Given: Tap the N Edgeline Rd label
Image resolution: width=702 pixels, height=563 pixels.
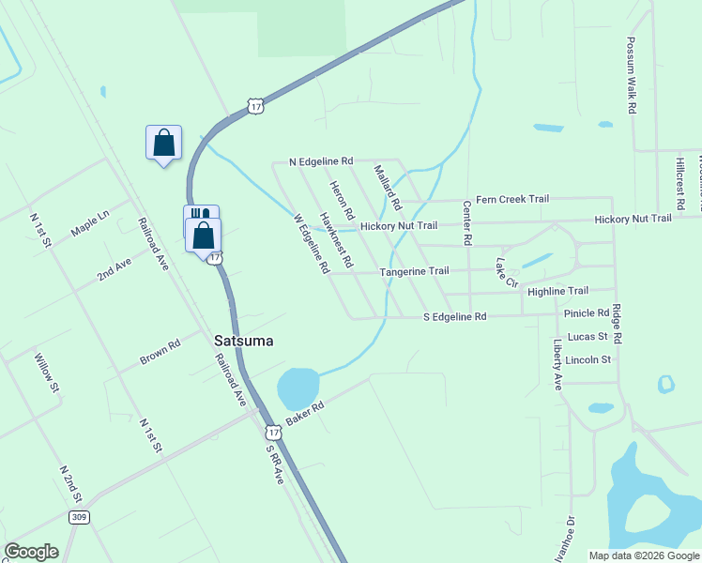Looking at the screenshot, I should coord(321,161).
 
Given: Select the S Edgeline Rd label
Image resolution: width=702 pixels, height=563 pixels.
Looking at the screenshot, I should coord(454,317).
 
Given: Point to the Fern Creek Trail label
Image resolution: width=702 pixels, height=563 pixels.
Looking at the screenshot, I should coord(511,199).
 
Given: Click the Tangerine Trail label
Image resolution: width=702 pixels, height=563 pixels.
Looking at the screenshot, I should coord(414,271).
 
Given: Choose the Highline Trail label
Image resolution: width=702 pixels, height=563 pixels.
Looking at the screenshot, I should coord(557,292).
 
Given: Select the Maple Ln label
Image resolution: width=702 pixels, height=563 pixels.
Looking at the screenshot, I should coord(90,223).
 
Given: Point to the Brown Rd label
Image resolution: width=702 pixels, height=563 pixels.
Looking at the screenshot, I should coord(160,353).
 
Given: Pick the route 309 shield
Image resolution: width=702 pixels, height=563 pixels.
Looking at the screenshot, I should coord(80,517).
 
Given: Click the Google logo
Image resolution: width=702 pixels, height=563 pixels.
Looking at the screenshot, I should coord(31,552).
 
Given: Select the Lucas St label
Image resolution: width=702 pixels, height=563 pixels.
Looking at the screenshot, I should coord(588,336).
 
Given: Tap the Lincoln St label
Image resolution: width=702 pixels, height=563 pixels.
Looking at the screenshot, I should coord(588,359).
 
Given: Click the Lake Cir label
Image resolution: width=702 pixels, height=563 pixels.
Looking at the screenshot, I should coord(507,273).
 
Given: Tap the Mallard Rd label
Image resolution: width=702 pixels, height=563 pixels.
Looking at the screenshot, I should coord(387,187).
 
